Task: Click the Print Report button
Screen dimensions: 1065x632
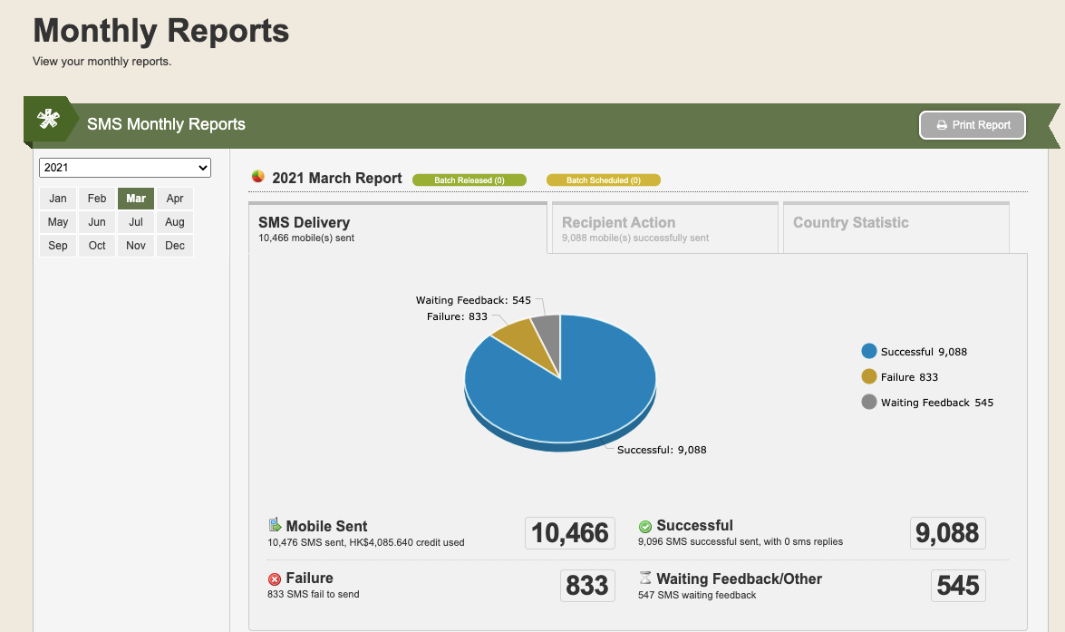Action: (972, 125)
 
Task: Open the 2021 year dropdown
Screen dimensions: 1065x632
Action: (125, 168)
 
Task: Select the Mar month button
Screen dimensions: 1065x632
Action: (136, 199)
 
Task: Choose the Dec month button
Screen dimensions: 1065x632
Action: (175, 246)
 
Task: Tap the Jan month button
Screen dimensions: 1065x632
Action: (58, 199)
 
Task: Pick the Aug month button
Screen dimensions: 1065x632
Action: (175, 221)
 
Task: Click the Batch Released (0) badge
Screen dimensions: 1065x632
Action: (470, 180)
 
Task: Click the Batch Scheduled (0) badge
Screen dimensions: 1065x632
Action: (603, 180)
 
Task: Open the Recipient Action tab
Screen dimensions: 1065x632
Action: (665, 228)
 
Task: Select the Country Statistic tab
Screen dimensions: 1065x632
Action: (896, 228)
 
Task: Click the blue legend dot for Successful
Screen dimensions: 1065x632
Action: (868, 351)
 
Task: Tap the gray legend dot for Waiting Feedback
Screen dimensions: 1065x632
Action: (868, 402)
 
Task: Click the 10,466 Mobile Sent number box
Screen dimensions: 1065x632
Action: (570, 533)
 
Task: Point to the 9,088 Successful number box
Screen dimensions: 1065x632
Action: (947, 533)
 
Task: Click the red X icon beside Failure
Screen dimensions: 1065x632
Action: (275, 579)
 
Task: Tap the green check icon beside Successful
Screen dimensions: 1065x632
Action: (645, 527)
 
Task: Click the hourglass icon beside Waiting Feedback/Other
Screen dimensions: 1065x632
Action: (645, 578)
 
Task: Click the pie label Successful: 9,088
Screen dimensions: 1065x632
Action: (662, 450)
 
